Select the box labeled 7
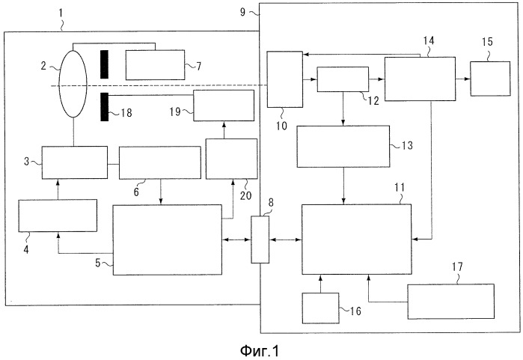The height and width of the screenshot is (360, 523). click(x=155, y=64)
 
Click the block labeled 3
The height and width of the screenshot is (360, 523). click(x=74, y=162)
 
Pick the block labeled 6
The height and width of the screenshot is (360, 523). click(x=159, y=162)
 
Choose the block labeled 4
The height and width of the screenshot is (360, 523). click(x=58, y=216)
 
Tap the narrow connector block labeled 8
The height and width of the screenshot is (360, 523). click(x=258, y=240)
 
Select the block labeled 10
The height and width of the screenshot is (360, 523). click(x=284, y=79)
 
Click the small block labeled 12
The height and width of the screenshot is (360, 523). click(x=343, y=78)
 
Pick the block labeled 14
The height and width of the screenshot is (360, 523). click(x=420, y=78)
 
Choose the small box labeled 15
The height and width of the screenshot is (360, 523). click(x=489, y=77)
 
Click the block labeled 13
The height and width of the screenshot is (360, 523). click(x=343, y=147)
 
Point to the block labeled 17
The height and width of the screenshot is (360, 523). click(x=451, y=301)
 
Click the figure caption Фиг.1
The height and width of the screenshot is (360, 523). click(x=262, y=350)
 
